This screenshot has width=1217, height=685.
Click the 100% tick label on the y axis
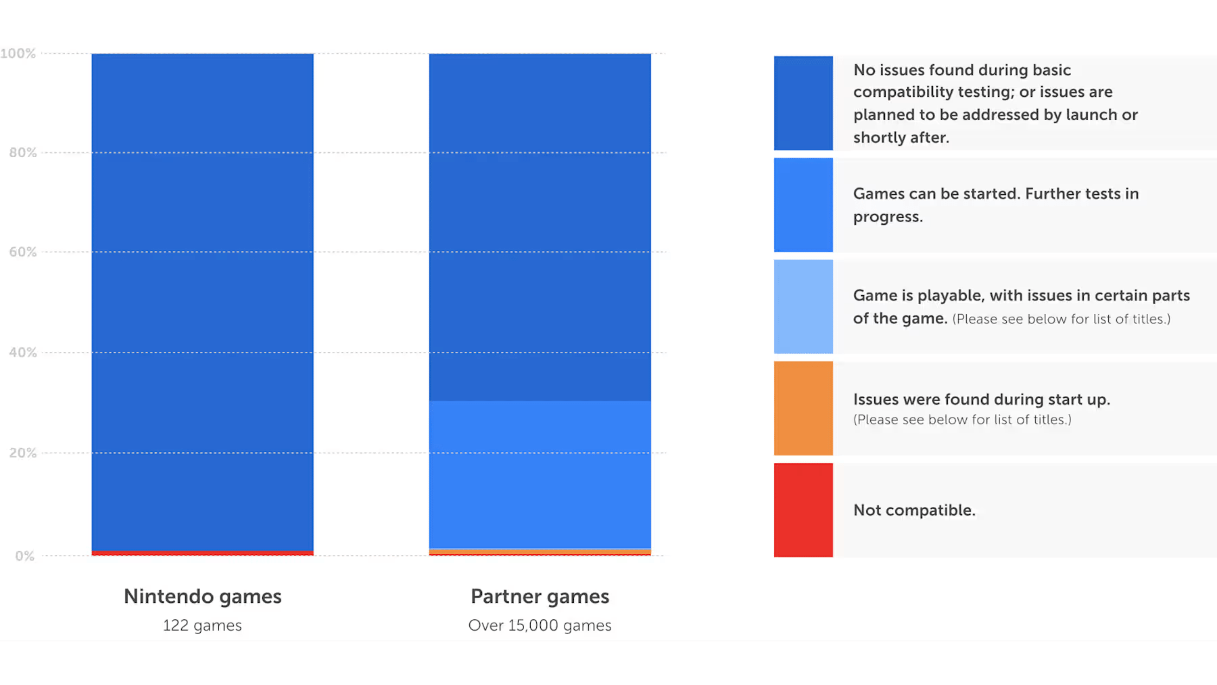pos(18,53)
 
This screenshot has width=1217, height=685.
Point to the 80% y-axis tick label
pos(23,153)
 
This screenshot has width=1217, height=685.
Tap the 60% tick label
pos(23,252)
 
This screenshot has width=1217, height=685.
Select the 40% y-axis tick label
pos(23,353)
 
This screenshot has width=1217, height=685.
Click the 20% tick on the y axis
pos(23,453)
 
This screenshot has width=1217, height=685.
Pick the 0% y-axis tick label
pos(25,556)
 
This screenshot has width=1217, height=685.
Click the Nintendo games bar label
pos(203,597)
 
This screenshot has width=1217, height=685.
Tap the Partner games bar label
pos(540,597)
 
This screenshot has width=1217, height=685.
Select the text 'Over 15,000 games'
pos(540,625)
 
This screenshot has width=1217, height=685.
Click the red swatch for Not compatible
pos(803,510)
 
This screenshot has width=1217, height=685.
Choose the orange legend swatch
pos(803,408)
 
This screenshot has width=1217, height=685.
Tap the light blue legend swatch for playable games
pos(803,307)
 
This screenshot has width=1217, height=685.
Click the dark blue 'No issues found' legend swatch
pos(803,103)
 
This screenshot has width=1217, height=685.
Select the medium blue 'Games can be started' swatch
pos(803,205)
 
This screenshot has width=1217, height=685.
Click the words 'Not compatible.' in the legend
pos(914,510)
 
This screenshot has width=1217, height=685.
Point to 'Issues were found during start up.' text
pos(981,400)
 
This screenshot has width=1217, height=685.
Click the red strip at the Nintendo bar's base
pos(203,553)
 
